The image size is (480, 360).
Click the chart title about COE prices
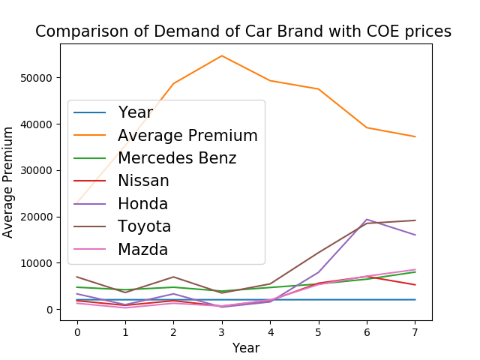[x=243, y=31]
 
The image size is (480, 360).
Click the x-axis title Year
[x=245, y=348]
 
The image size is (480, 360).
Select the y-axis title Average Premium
[x=9, y=182]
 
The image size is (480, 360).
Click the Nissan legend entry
[x=143, y=181]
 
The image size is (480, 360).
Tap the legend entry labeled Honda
[x=142, y=204]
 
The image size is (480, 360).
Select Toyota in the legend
[x=144, y=226]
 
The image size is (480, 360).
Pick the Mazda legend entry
[x=142, y=249]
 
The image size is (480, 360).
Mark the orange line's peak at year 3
[x=222, y=55]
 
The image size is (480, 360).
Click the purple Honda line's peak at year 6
[x=367, y=220]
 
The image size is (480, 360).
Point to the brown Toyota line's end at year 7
[x=415, y=220]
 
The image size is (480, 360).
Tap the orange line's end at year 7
[x=415, y=136]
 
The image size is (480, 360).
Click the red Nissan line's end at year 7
[x=415, y=285]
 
